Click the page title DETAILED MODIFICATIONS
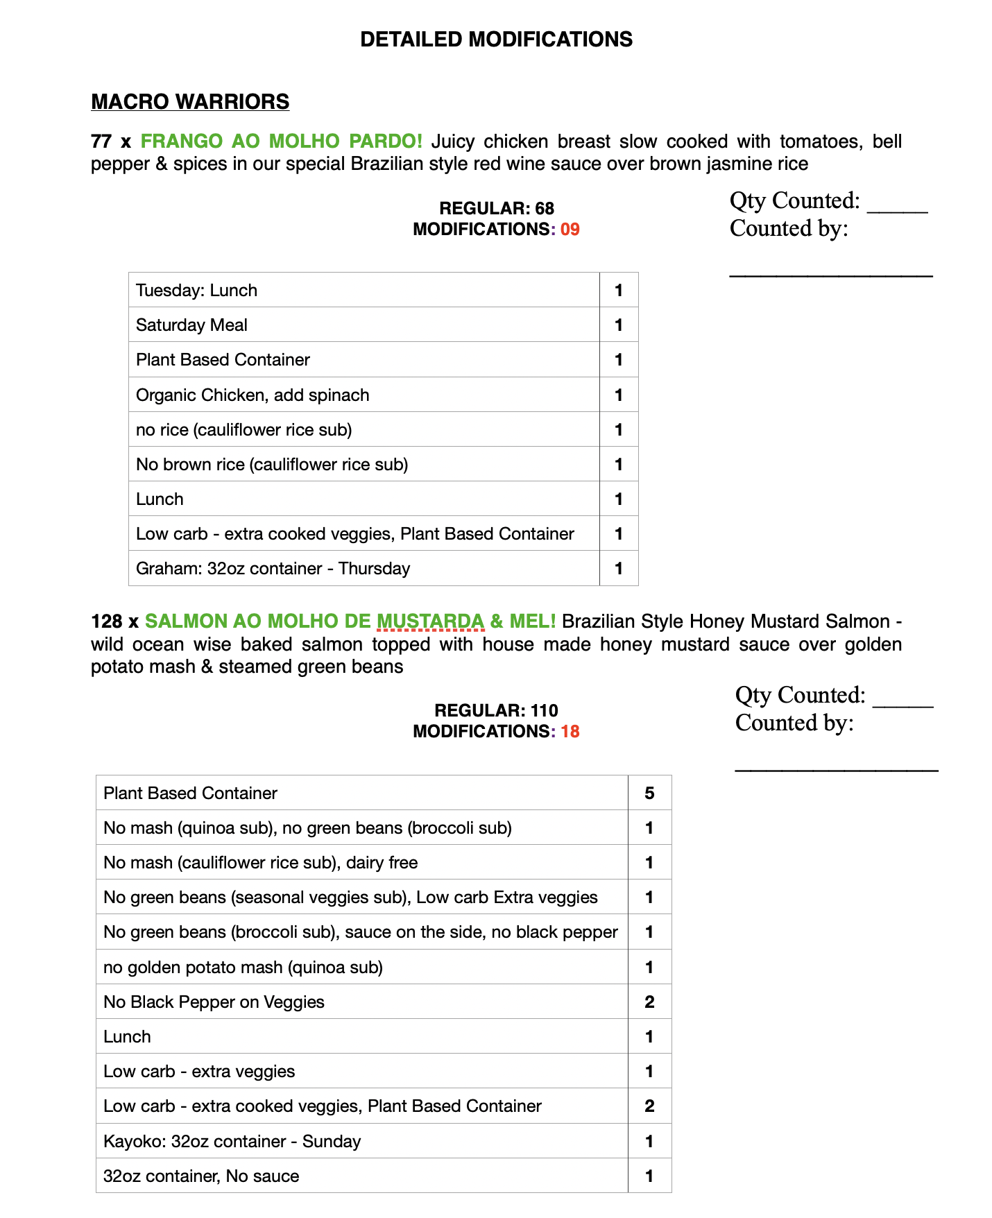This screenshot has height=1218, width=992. tap(496, 40)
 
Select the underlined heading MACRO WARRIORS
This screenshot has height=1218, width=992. tap(190, 102)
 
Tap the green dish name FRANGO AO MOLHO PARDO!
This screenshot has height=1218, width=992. tap(281, 141)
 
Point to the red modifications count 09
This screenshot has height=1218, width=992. tap(570, 230)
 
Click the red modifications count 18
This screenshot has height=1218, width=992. tap(570, 732)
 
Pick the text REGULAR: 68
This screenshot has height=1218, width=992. tap(497, 208)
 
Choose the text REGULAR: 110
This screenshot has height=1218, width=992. tap(497, 710)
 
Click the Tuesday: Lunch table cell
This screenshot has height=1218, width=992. tap(197, 291)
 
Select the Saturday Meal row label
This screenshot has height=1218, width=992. tap(192, 325)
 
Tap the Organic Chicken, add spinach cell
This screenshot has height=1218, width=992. tap(253, 395)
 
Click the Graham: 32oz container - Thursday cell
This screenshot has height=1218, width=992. tap(273, 569)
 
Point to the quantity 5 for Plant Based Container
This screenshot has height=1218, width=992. tap(649, 794)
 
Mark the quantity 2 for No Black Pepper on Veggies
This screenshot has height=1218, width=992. tap(649, 1002)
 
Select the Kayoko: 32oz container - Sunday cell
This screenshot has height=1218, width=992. tap(232, 1142)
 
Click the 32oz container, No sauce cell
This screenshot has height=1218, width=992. tap(201, 1176)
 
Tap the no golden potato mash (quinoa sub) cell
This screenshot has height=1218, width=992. tap(243, 968)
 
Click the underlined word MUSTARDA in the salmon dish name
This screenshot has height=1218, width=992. tap(430, 621)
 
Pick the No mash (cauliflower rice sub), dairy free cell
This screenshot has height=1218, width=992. tap(260, 863)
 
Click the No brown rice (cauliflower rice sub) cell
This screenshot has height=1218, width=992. tap(272, 465)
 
